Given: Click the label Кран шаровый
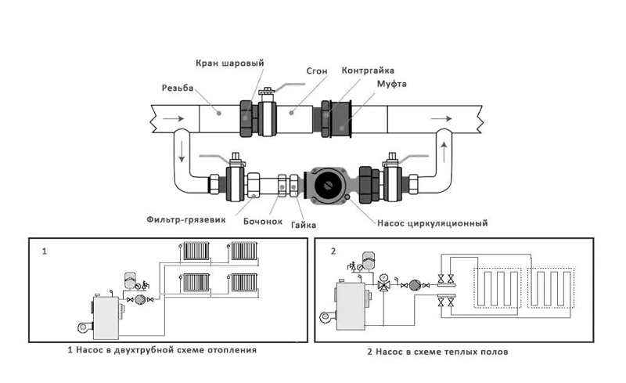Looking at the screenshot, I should [x=228, y=63].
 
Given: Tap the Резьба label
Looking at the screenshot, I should [x=178, y=87].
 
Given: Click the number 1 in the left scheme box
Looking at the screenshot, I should [x=45, y=252].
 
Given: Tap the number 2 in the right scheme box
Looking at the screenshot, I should [x=333, y=252].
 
